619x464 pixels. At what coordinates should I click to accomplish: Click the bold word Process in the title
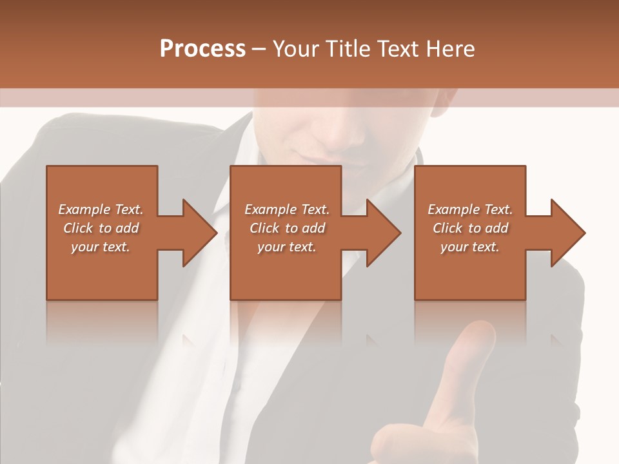click(202, 49)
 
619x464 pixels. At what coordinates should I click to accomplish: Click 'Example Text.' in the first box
click(101, 209)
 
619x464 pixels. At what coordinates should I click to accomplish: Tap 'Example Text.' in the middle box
click(287, 209)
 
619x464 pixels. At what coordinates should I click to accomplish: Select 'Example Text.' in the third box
click(470, 209)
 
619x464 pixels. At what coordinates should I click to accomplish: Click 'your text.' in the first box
click(101, 247)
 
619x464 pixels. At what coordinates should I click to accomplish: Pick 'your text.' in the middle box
click(287, 247)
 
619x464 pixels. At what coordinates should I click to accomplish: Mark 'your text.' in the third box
click(470, 247)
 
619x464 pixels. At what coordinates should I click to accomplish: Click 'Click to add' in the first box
click(101, 228)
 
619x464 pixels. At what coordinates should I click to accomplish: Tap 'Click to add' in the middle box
click(287, 228)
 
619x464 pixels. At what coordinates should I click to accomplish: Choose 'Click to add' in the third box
click(470, 228)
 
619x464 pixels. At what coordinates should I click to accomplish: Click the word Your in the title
click(296, 49)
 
